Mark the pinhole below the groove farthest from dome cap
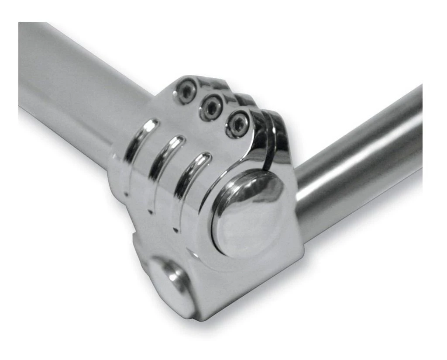(126, 194)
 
